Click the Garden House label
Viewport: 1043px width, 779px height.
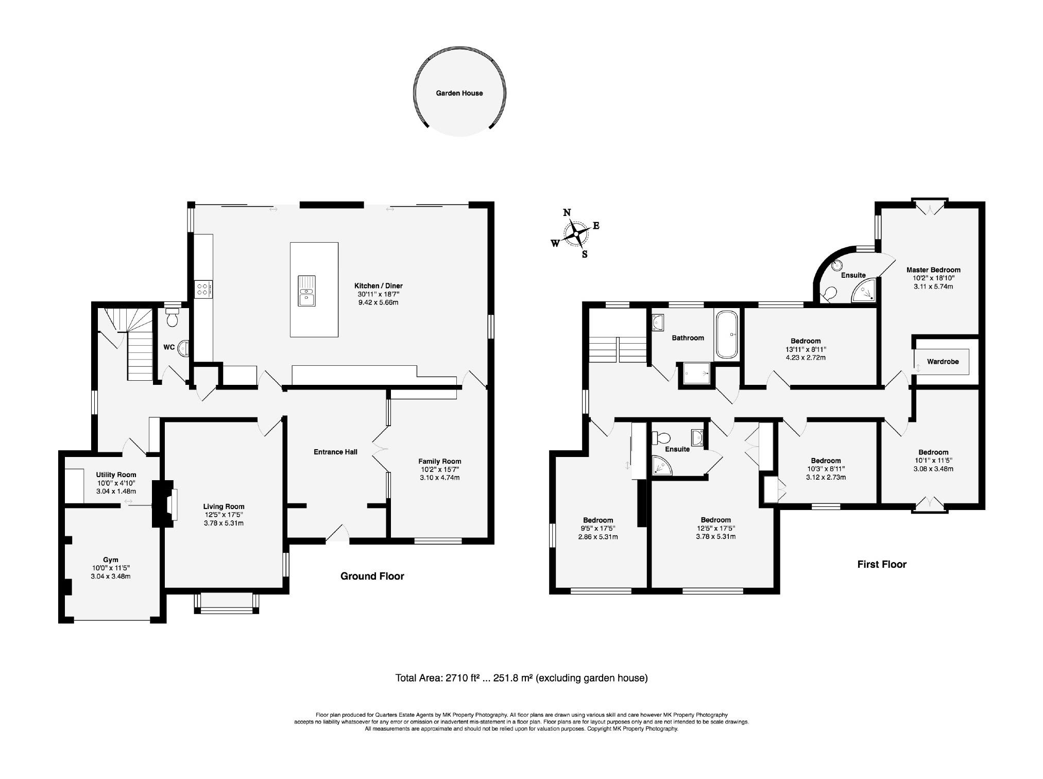[x=459, y=93]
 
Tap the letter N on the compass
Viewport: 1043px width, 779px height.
[x=567, y=213]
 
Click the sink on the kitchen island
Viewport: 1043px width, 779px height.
[x=306, y=291]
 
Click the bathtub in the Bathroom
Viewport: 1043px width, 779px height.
[x=727, y=335]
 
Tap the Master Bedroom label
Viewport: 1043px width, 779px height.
[x=933, y=270]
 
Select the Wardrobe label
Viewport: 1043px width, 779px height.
[x=943, y=362]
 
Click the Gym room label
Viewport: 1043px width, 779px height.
[x=111, y=560]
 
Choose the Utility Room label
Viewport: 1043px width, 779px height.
[x=116, y=475]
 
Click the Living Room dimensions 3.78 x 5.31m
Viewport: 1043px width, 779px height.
[x=224, y=523]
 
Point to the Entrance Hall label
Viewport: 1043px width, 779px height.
[x=336, y=452]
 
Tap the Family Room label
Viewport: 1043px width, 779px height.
[x=440, y=462]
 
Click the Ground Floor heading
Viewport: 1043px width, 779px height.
[x=372, y=576]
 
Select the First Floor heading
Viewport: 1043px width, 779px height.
[x=882, y=564]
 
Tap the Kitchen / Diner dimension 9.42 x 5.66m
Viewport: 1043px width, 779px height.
[x=379, y=302]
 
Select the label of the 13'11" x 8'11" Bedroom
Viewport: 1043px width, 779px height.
[x=806, y=341]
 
